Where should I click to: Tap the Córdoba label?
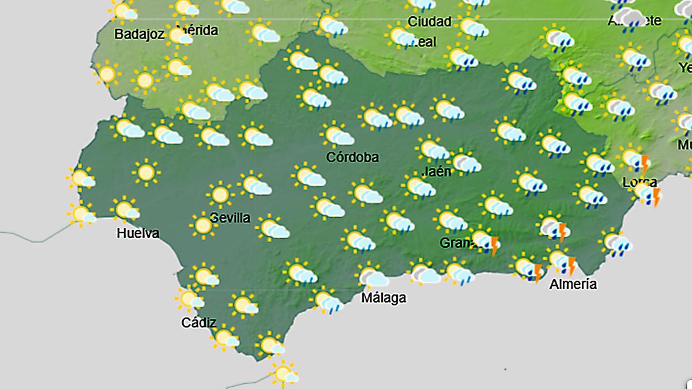[352, 157]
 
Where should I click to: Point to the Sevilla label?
[230, 218]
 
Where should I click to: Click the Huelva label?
[137, 233]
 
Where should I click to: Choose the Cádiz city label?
[198, 323]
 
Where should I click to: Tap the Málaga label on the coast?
[383, 298]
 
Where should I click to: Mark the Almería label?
[573, 284]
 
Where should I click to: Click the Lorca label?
[640, 182]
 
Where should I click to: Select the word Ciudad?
[429, 22]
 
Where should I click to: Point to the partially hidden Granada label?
[456, 243]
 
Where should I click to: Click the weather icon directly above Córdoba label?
[338, 135]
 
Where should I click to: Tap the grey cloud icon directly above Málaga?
[373, 277]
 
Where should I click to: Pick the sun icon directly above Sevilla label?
[220, 194]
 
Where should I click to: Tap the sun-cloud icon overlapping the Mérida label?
[180, 36]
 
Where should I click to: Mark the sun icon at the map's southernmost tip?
[284, 373]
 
